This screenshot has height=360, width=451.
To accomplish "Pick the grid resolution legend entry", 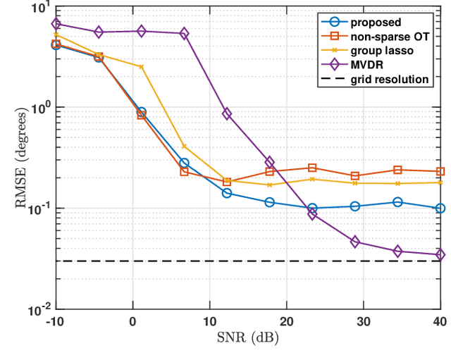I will click(x=393, y=79).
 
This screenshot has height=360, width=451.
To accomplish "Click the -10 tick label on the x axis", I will click(x=56, y=321).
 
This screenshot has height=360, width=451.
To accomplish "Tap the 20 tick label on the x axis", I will click(x=287, y=321).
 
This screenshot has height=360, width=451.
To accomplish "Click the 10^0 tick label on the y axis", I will click(x=39, y=108).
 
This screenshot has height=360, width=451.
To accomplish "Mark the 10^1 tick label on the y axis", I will click(x=39, y=8).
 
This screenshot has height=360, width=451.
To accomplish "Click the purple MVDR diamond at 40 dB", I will click(x=440, y=255).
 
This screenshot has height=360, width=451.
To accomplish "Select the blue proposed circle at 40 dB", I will click(x=440, y=209).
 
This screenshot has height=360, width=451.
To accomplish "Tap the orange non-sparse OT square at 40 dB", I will click(x=440, y=171).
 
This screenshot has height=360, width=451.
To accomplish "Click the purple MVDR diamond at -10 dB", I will click(x=56, y=24).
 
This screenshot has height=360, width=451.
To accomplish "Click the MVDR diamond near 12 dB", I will click(x=227, y=113).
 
